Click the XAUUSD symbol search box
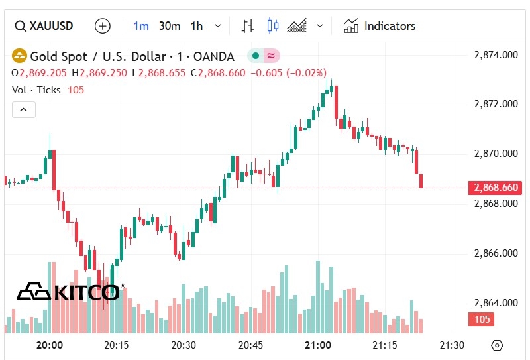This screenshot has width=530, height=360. pos(44,26)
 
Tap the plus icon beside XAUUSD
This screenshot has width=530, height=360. pos(103,26)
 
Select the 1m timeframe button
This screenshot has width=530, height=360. pos(141,26)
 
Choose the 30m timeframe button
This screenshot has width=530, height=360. pos(170,26)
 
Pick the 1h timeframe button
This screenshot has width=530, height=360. pos(197,26)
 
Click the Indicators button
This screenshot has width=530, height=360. pos(380,26)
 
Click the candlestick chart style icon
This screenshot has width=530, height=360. pos(272,26)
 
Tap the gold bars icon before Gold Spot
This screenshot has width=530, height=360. pos(20,55)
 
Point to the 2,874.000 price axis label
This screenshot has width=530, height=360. pos(496,55)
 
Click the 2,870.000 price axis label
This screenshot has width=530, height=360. pos(496,154)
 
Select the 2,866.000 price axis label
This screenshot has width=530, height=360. pos(496,253)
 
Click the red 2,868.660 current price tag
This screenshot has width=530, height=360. pos(494,188)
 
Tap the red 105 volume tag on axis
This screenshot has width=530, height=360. pos(482,320)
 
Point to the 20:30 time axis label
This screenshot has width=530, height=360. pos(184,345)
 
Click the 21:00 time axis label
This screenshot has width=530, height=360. pos(318,345)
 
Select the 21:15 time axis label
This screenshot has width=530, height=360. pos(385,345)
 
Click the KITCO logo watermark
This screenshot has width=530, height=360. pos(70,291)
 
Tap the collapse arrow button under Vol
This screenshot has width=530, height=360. pos(23,110)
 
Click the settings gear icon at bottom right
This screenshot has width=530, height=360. pos(498,345)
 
